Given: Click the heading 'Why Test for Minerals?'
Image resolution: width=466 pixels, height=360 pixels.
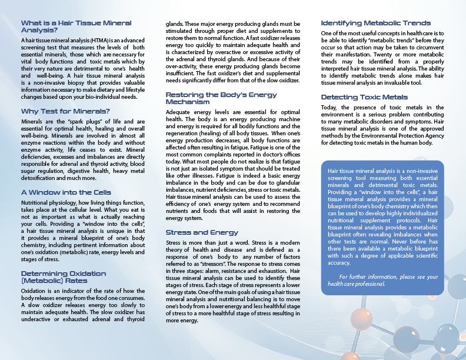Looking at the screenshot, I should pos(57,112).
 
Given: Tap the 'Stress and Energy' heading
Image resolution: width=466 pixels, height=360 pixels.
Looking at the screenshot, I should pos(202,232).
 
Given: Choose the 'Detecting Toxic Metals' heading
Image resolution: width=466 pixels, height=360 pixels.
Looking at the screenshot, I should pos(364,97).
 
